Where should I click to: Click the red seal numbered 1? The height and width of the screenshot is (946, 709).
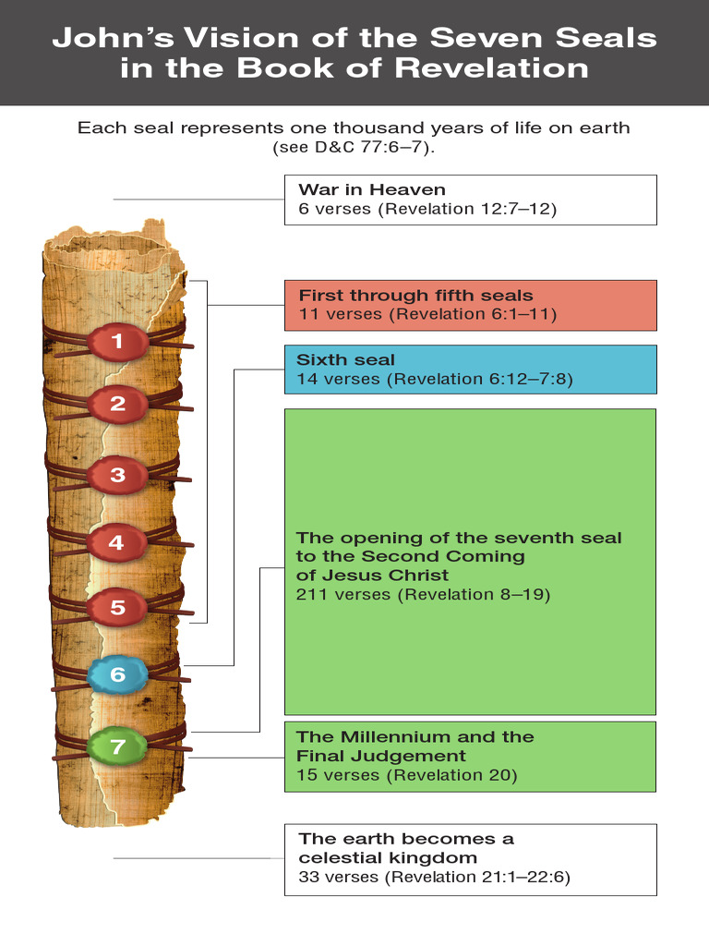pyautogui.click(x=117, y=342)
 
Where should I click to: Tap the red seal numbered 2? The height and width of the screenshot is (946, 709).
pyautogui.click(x=117, y=404)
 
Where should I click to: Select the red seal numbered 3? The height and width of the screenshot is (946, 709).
pyautogui.click(x=117, y=475)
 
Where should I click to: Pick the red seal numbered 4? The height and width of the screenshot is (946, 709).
pyautogui.click(x=117, y=543)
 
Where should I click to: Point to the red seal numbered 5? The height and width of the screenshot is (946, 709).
pyautogui.click(x=117, y=607)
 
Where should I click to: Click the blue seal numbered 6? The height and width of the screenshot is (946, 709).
pyautogui.click(x=117, y=674)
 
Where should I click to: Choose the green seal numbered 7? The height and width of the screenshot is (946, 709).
pyautogui.click(x=117, y=746)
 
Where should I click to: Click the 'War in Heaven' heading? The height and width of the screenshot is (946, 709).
pyautogui.click(x=372, y=189)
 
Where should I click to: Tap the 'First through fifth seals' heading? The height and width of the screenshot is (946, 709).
pyautogui.click(x=416, y=295)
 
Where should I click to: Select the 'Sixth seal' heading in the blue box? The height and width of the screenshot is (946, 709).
pyautogui.click(x=345, y=359)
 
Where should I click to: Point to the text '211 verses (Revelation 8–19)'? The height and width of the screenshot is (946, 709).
pyautogui.click(x=423, y=594)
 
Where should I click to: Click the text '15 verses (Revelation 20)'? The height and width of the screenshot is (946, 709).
pyautogui.click(x=407, y=775)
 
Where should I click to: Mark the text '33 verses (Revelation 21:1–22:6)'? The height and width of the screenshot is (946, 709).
pyautogui.click(x=434, y=877)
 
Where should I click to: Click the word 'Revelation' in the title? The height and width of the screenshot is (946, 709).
pyautogui.click(x=491, y=67)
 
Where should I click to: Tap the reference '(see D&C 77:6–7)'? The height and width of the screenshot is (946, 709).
pyautogui.click(x=354, y=147)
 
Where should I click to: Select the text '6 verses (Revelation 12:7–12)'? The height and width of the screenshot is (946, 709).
pyautogui.click(x=427, y=209)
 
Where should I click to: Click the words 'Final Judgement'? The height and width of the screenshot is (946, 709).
pyautogui.click(x=381, y=756)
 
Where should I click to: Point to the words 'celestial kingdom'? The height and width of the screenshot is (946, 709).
pyautogui.click(x=388, y=857)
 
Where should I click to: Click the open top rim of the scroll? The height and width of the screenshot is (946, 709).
pyautogui.click(x=112, y=244)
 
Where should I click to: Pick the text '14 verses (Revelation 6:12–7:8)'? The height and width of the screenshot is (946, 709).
pyautogui.click(x=435, y=379)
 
